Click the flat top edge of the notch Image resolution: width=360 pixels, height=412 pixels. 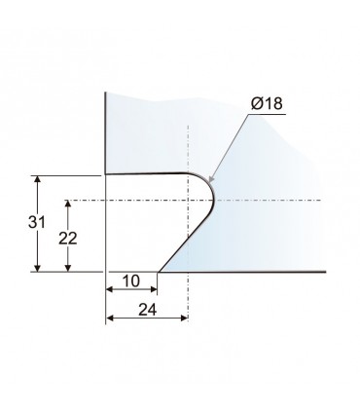[146, 174]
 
